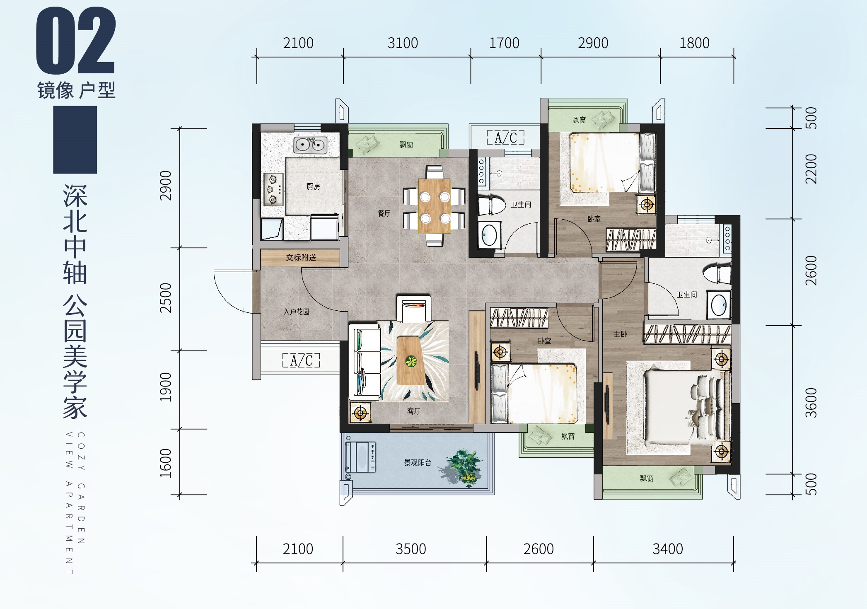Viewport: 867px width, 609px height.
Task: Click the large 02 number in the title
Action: point(75,41)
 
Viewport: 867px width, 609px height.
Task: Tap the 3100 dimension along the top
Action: point(403,43)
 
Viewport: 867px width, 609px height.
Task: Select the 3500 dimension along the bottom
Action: point(411,549)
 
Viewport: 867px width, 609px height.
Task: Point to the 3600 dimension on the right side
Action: point(811,403)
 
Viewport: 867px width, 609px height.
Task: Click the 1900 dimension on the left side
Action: point(165,387)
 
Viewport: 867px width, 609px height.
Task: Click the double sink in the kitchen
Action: point(310,145)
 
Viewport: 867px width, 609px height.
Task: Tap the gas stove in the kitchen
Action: point(274,189)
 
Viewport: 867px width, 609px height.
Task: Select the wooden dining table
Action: point(434,206)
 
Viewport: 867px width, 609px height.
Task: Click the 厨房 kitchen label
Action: point(313,187)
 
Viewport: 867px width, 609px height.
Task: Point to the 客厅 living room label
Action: point(413,411)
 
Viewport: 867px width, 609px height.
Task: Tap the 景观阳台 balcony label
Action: point(418,463)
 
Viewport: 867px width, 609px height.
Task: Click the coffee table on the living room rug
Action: point(411,361)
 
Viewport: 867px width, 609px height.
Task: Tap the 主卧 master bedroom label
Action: point(620,334)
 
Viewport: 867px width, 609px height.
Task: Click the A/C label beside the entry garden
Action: point(301,360)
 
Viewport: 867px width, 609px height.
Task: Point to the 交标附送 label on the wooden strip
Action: point(301,258)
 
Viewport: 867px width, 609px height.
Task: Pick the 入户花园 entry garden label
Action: point(296,312)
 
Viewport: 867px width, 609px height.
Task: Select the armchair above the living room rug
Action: point(413,309)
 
